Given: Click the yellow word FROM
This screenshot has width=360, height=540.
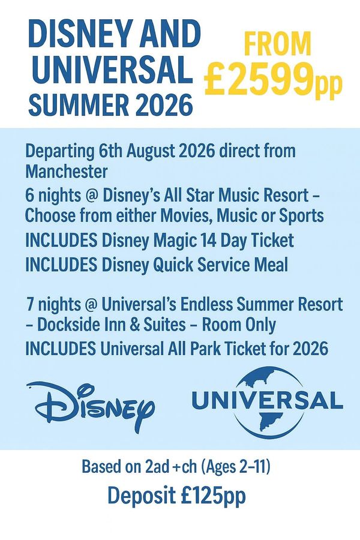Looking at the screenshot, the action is (x=278, y=44).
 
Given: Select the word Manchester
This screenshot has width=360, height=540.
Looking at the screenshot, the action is (x=67, y=171).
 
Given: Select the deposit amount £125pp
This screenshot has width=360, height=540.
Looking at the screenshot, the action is (x=213, y=496).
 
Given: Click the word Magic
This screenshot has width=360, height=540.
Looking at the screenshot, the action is (x=175, y=241).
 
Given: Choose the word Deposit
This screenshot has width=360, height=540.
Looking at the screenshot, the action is (x=142, y=496).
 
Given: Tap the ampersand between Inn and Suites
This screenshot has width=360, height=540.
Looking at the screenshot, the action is (x=136, y=325).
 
